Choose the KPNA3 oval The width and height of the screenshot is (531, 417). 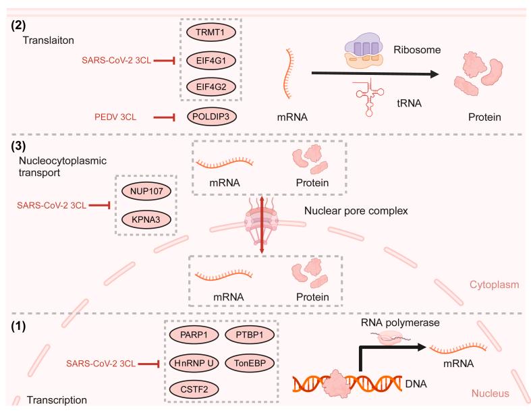146,220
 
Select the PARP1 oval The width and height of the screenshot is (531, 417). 190,335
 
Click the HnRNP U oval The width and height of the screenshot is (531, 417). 190,363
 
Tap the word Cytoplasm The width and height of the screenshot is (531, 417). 479,287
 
